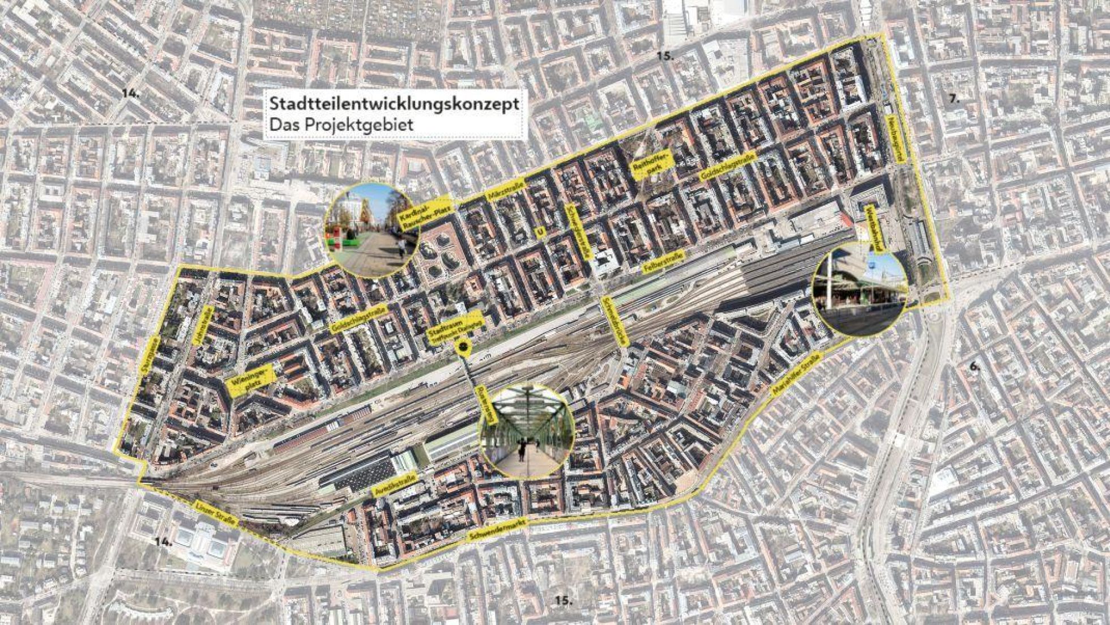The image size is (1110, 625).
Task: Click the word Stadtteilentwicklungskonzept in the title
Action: [x=394, y=104]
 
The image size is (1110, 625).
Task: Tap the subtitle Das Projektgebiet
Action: [x=341, y=125]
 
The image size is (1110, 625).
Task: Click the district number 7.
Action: [x=954, y=98]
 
